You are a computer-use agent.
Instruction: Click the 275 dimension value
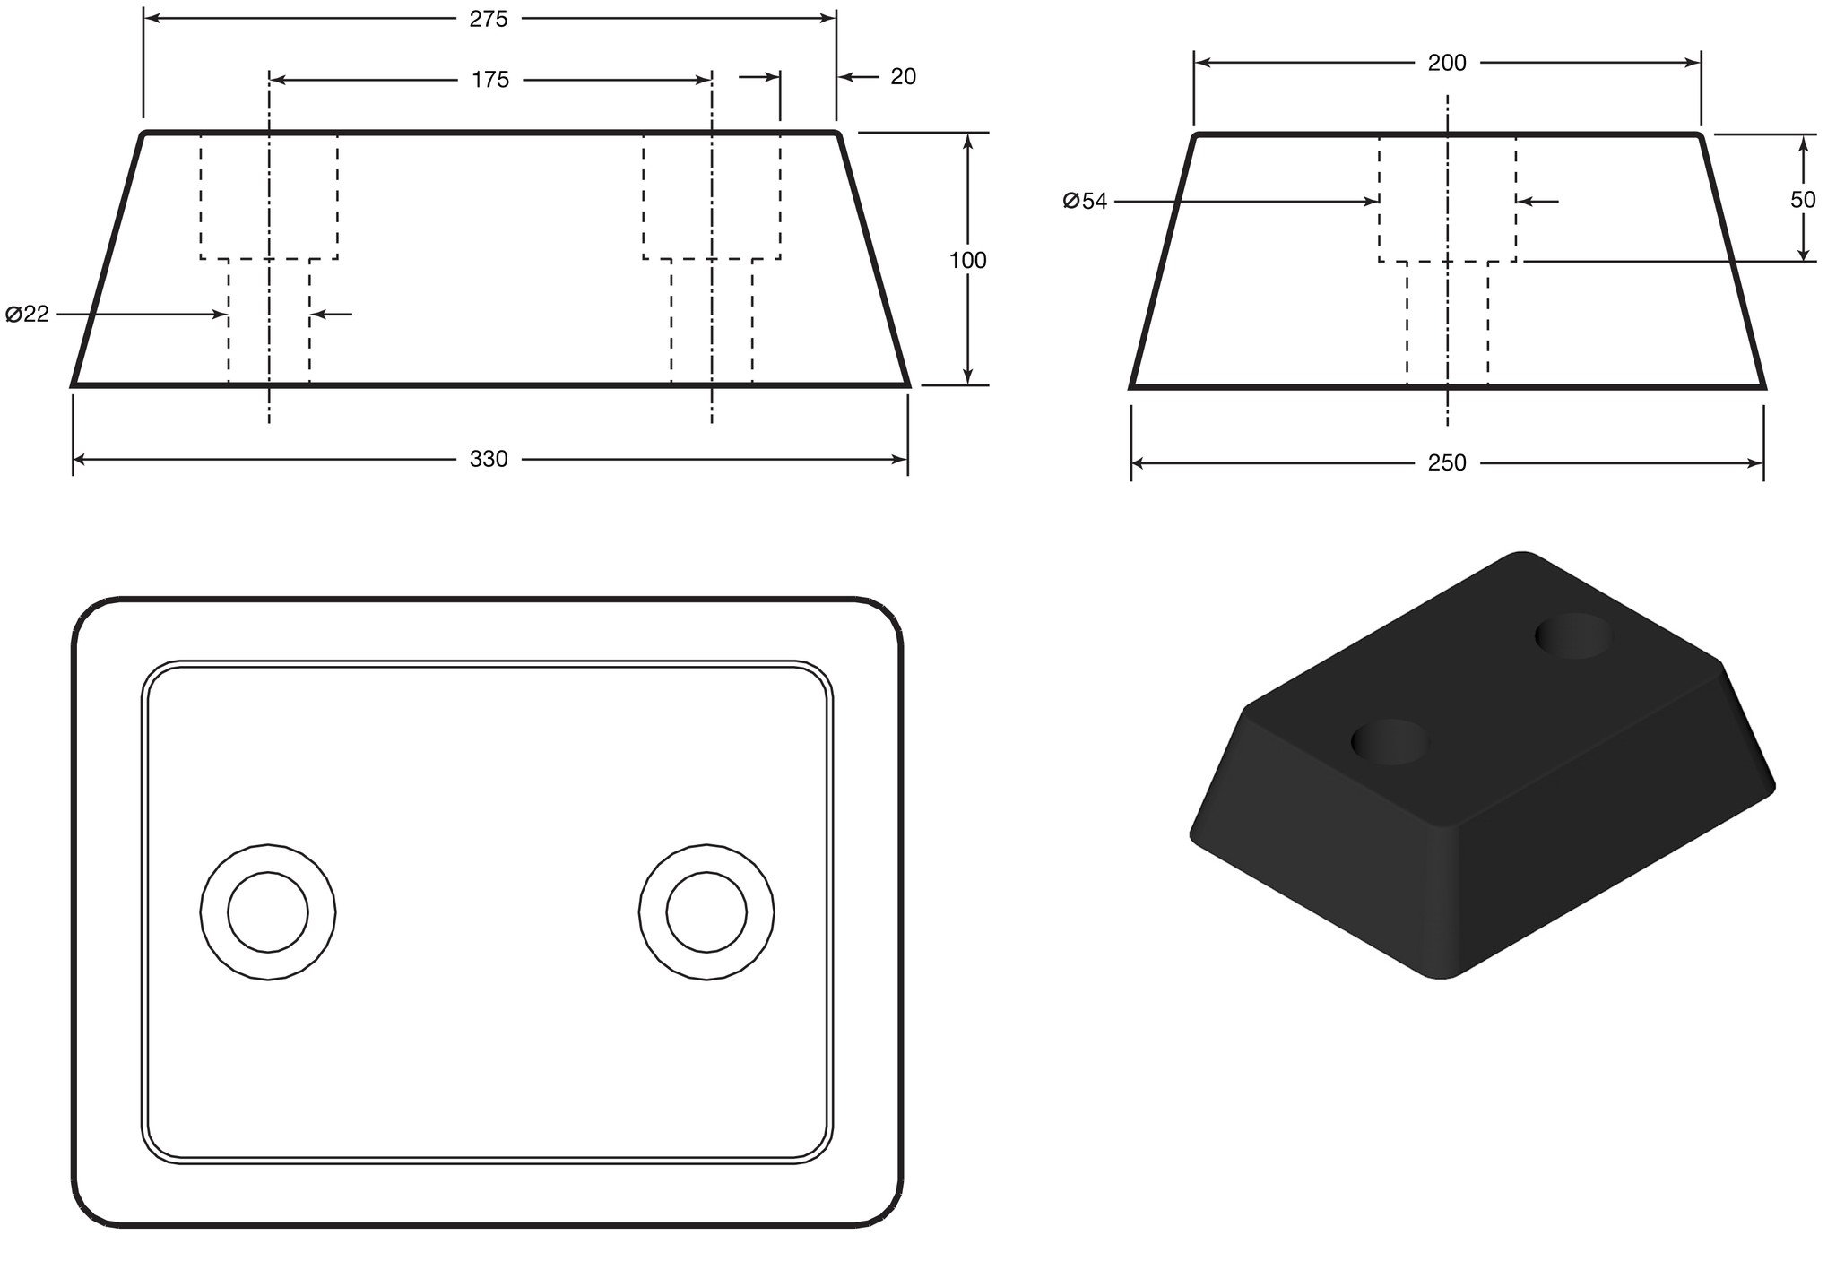[x=489, y=19]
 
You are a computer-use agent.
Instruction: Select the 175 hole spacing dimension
[x=490, y=81]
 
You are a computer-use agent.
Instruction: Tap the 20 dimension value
[x=904, y=78]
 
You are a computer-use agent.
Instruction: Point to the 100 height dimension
[x=968, y=260]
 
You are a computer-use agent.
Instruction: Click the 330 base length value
[x=489, y=460]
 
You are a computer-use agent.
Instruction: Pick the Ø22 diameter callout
[x=27, y=315]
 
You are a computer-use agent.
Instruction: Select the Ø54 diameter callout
[x=1085, y=202]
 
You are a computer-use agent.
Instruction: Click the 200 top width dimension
[x=1447, y=63]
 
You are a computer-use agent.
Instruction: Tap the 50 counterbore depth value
[x=1804, y=200]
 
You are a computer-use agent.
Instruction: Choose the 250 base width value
[x=1447, y=463]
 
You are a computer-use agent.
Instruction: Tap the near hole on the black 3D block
[x=1390, y=741]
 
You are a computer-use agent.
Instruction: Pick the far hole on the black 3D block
[x=1573, y=636]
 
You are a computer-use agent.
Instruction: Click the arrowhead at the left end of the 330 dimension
[x=79, y=460]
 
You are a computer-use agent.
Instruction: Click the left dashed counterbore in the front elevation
[x=269, y=197]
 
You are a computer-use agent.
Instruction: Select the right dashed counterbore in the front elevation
[x=711, y=197]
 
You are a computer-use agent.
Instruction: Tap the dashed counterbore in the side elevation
[x=1448, y=199]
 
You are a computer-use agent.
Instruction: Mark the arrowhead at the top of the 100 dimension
[x=968, y=141]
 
